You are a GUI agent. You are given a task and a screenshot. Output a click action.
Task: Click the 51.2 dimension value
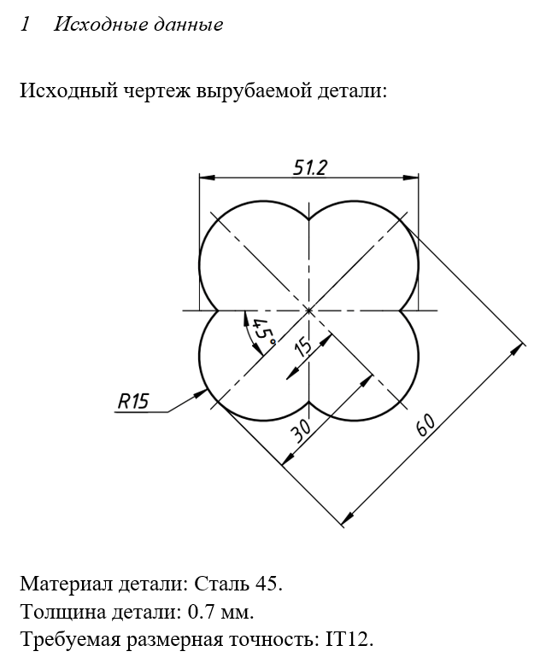(x=309, y=167)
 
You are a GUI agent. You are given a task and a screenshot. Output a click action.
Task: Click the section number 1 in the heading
(x=25, y=24)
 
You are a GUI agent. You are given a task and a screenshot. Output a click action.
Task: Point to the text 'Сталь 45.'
(x=238, y=584)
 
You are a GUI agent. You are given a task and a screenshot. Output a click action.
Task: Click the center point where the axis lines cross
(x=309, y=311)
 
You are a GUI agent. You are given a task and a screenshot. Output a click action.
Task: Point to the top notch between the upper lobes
(x=309, y=218)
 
